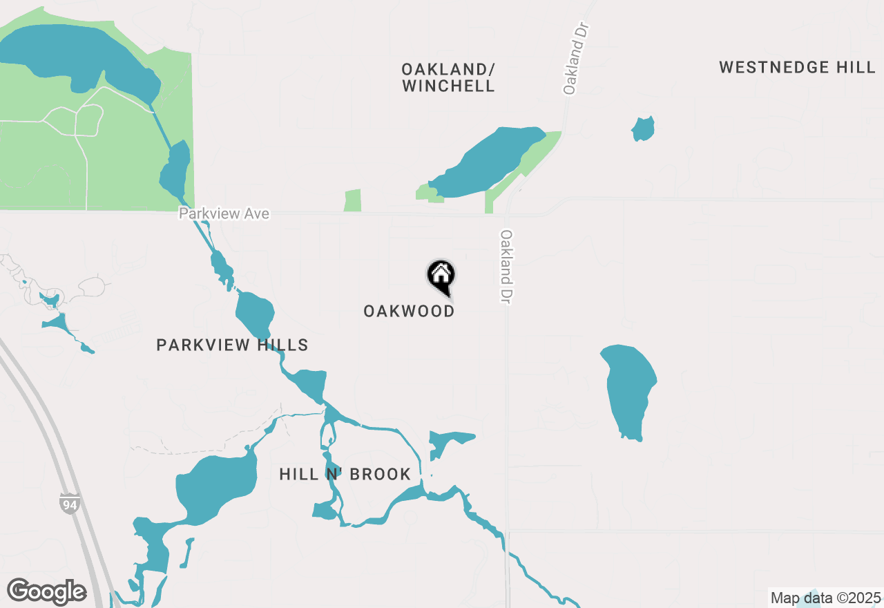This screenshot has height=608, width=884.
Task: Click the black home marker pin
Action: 441,276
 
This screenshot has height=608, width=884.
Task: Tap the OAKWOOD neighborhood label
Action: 409,311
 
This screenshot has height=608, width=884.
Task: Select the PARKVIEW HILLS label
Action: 232,345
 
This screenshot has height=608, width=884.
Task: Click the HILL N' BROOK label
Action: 345,474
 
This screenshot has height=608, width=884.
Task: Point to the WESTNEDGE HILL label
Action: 797,67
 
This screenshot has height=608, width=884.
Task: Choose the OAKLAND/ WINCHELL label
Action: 448,77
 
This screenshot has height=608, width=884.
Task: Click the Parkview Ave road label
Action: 224,214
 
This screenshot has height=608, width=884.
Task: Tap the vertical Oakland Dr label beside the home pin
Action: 507,267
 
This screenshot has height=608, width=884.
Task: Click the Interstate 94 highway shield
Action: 69,503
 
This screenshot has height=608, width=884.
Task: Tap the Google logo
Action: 46,591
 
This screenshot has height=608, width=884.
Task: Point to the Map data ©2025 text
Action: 825,598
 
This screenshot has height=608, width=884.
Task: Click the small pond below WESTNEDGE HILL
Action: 643,129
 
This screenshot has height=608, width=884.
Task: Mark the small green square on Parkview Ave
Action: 352,200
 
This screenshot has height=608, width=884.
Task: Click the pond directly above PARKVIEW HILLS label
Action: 255,315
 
